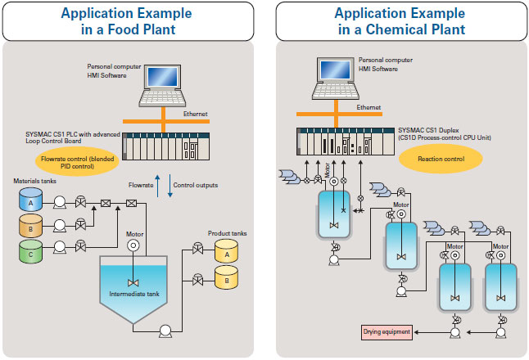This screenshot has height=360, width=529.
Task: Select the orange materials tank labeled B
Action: pos(30,225)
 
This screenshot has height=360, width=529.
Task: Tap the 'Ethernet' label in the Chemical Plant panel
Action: pos(368,107)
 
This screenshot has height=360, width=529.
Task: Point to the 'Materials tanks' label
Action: pos(30,180)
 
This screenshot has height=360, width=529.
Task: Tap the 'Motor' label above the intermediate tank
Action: pos(134,233)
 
